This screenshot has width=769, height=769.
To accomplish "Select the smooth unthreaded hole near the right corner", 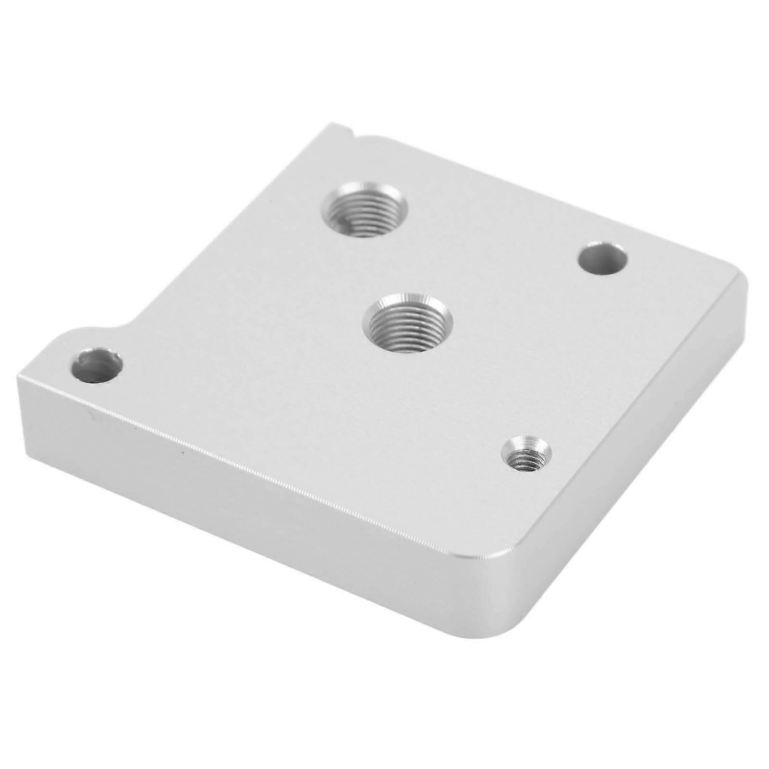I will pos(602,258).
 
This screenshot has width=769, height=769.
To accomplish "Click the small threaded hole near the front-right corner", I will pos(526,453).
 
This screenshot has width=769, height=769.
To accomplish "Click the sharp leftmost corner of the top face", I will pos(20,376).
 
